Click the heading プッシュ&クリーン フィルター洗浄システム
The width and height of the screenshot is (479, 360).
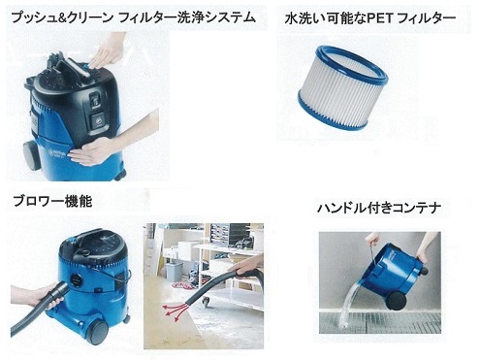click(x=134, y=17)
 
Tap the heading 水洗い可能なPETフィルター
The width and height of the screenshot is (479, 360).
click(x=370, y=18)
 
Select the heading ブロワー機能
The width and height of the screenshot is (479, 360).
click(x=52, y=201)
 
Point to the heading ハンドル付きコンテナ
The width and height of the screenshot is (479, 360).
click(x=379, y=208)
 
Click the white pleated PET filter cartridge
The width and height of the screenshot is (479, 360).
click(x=343, y=87)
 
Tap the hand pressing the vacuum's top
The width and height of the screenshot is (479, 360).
click(x=106, y=54)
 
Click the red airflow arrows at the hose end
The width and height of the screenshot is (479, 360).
click(x=175, y=311)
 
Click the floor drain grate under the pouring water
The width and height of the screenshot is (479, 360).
click(x=380, y=322)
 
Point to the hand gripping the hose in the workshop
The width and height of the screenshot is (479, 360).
click(x=245, y=268)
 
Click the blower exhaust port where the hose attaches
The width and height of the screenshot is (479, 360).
click(x=77, y=280)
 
